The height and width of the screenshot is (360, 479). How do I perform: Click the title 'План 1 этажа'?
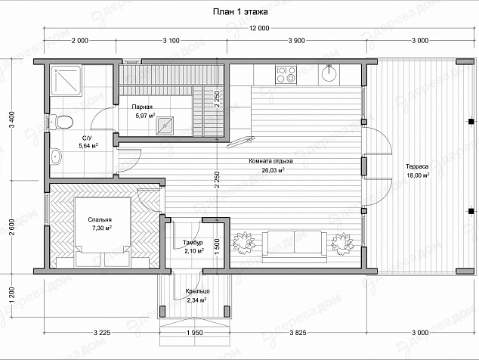pyautogui.click(x=240, y=12)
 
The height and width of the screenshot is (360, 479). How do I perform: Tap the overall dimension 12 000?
pyautogui.click(x=259, y=29)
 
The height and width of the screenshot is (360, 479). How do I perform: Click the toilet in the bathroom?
pyautogui.click(x=62, y=122)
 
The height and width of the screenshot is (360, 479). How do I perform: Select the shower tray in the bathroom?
pyautogui.click(x=66, y=80)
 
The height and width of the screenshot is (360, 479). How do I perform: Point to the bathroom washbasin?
pyautogui.click(x=56, y=157)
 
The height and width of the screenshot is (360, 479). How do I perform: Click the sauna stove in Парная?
pyautogui.click(x=165, y=126)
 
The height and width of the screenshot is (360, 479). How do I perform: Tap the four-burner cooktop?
pyautogui.click(x=286, y=75)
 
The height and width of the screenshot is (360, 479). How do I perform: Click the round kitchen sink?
pyautogui.click(x=329, y=74)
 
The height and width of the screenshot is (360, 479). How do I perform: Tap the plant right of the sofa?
pyautogui.click(x=343, y=244)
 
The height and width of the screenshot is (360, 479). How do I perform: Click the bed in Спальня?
pyautogui.click(x=103, y=232)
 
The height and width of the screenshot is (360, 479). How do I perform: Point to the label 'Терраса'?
pyautogui.click(x=417, y=166)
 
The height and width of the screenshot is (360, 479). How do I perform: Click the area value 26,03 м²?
pyautogui.click(x=273, y=170)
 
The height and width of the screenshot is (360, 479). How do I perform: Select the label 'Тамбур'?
pyautogui.click(x=193, y=243)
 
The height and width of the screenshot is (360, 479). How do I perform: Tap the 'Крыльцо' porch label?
pyautogui.click(x=198, y=291)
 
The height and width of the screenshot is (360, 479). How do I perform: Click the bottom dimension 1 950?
pyautogui.click(x=195, y=333)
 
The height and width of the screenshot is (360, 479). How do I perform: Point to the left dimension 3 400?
pyautogui.click(x=12, y=120)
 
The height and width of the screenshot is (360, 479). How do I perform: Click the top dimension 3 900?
pyautogui.click(x=297, y=41)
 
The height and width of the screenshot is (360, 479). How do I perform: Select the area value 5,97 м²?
pyautogui.click(x=145, y=116)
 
